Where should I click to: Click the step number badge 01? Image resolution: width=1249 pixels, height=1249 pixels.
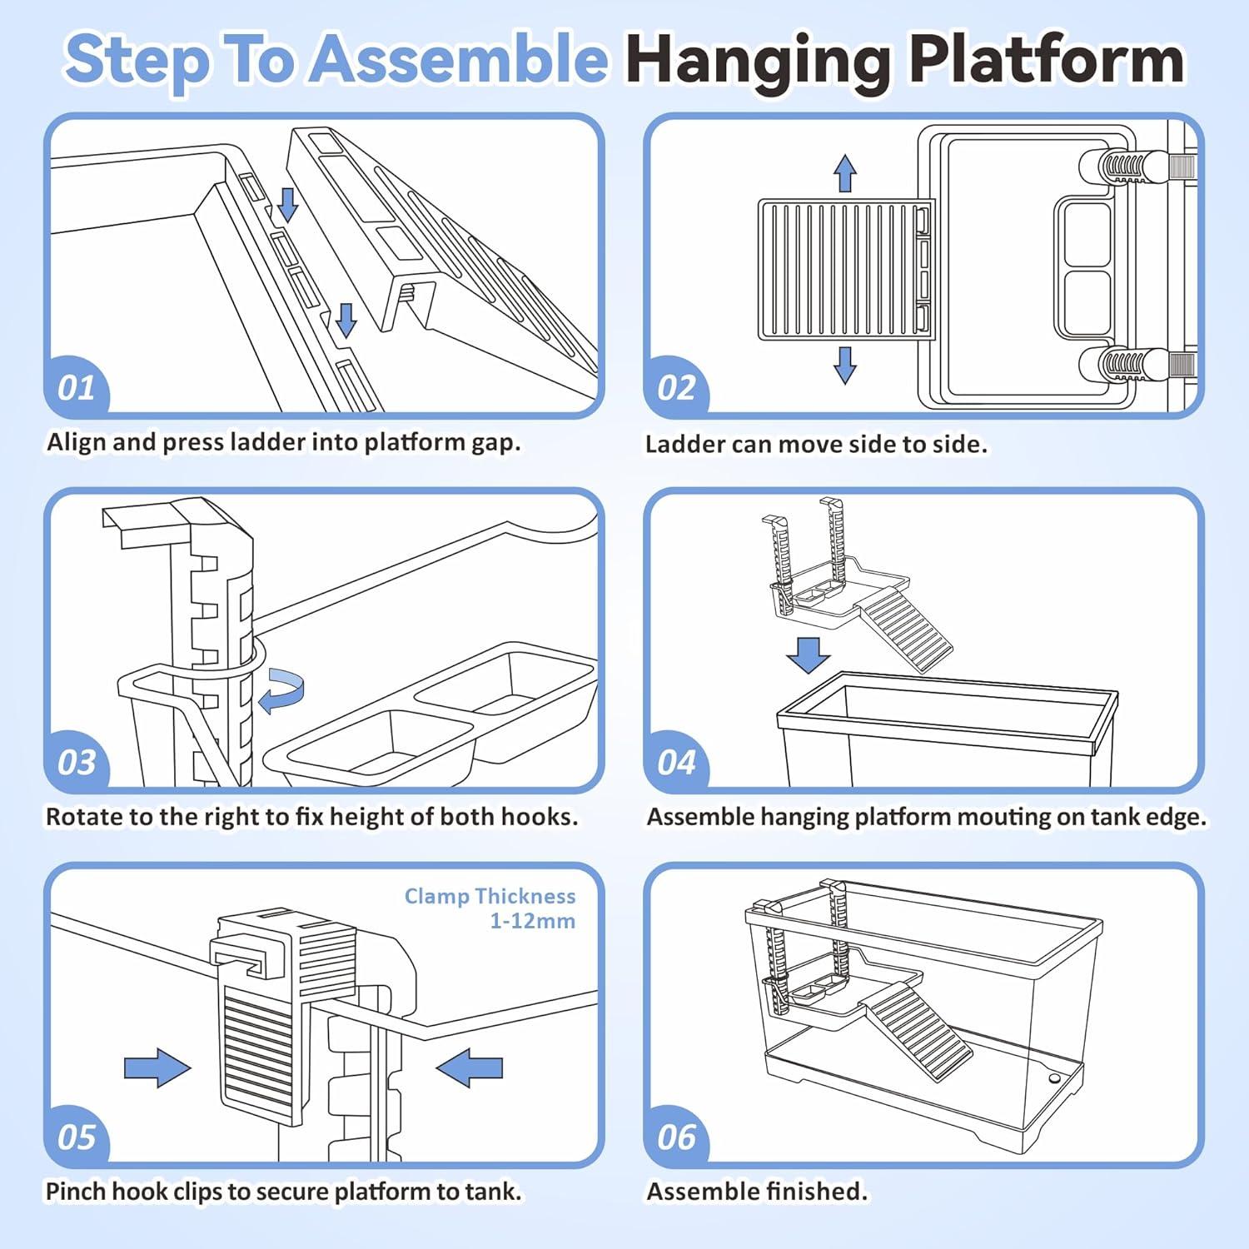(77, 388)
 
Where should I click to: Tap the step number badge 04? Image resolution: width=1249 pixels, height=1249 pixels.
(676, 763)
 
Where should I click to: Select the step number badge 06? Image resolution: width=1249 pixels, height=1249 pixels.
(676, 1137)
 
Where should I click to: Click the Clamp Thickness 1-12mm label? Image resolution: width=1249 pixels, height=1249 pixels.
(490, 908)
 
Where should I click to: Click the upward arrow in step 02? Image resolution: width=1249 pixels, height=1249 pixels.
(845, 172)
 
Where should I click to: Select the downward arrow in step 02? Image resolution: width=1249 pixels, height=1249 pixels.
(845, 365)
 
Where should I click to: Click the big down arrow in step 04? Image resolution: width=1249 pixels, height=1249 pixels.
(809, 654)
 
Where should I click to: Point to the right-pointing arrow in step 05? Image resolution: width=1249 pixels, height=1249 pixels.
(157, 1067)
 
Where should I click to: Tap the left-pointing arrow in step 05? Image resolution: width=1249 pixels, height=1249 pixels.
(470, 1067)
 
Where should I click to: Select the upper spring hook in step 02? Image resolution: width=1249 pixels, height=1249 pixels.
(1128, 166)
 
